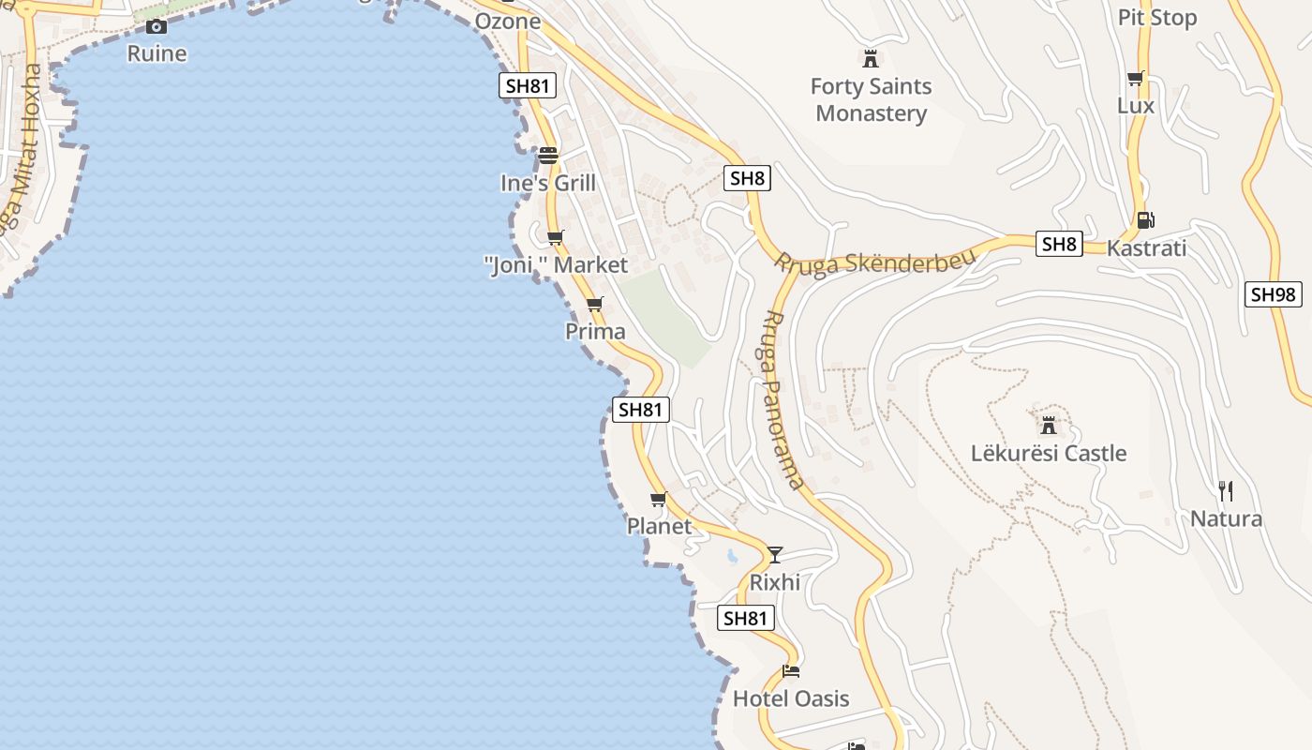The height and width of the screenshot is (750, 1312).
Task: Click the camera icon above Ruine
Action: [x=157, y=26]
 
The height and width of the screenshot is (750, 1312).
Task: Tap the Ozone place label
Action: [x=508, y=21]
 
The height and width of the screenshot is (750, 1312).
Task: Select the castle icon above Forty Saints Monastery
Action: [x=871, y=59]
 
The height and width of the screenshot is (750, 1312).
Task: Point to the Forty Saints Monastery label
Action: [x=871, y=100]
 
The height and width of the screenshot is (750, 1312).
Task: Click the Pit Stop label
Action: [x=1157, y=18]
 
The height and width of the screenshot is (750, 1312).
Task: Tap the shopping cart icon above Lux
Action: [x=1136, y=79]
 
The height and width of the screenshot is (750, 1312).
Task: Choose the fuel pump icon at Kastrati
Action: [x=1145, y=220]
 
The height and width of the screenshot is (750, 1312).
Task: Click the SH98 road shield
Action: [x=1274, y=294]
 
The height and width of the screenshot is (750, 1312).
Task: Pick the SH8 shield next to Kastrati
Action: [x=1059, y=245]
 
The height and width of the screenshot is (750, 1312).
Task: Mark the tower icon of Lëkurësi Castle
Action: [x=1049, y=426]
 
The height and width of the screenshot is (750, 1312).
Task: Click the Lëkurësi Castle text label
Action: [x=1049, y=454]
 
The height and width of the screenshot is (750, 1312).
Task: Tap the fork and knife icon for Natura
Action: [x=1225, y=490]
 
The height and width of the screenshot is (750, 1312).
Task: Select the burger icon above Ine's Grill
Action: [x=548, y=156]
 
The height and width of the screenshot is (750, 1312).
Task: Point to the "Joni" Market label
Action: [x=557, y=265]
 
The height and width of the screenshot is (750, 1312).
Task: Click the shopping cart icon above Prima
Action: [x=595, y=305]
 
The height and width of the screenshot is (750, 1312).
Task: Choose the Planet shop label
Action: [x=659, y=526]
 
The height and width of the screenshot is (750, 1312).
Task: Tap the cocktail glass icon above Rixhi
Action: [x=775, y=555]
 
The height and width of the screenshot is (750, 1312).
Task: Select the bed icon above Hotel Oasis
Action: [x=791, y=671]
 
